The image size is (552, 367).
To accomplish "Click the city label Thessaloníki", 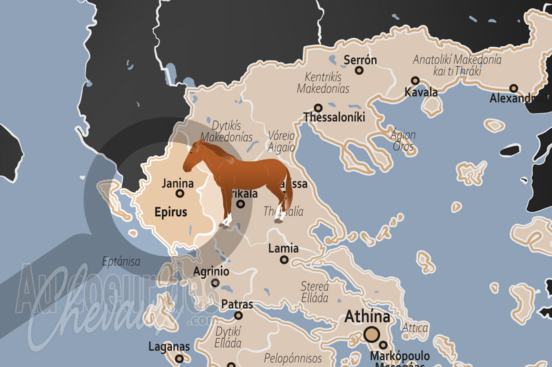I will [334, 117].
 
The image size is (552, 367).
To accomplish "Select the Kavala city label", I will [421, 92].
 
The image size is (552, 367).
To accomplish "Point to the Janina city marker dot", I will [180, 193].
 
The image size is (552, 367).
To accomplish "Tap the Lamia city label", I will [284, 248].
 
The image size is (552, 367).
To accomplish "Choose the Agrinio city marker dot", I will [215, 282].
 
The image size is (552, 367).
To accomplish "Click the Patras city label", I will [237, 304].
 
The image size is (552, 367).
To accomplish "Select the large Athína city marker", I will [372, 335].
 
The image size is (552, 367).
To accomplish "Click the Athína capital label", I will [368, 317].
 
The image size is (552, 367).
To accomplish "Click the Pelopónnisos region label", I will [293, 359].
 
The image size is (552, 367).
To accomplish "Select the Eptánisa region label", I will [121, 261].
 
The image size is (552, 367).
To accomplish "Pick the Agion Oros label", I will [403, 140].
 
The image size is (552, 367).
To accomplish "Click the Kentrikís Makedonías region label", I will [323, 83].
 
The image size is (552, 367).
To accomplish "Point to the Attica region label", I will [415, 327].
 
